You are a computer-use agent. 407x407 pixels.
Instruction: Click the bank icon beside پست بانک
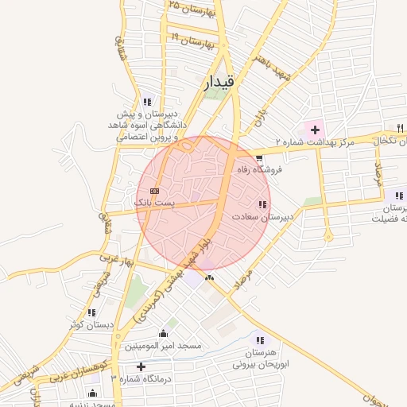(x=154, y=191)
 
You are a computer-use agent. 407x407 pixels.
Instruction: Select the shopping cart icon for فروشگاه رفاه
(x=260, y=158)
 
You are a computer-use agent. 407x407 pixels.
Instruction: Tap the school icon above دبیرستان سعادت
(x=263, y=205)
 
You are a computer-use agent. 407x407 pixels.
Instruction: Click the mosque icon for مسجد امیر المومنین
(x=164, y=334)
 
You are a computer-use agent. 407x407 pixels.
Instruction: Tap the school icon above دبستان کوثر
(x=91, y=313)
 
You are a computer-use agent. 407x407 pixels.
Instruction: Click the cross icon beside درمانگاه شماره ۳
(x=141, y=366)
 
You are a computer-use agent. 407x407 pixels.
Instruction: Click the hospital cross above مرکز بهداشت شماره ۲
(x=316, y=129)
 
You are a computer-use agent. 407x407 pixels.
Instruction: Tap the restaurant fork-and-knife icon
(x=401, y=128)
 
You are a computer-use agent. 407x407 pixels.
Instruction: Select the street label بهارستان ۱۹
(x=192, y=39)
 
